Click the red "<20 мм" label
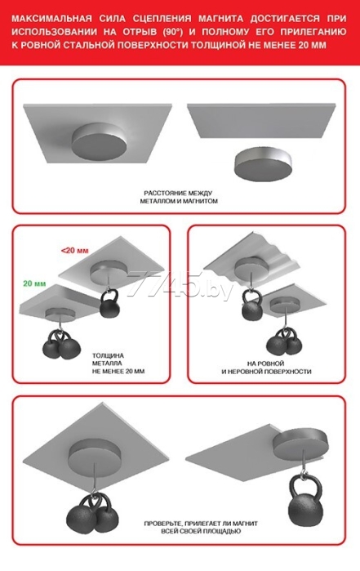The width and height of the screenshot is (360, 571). [x=74, y=251]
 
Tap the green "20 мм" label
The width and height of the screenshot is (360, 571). [x=34, y=283]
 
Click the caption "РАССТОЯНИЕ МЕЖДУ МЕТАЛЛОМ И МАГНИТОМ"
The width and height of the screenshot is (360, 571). [x=179, y=197]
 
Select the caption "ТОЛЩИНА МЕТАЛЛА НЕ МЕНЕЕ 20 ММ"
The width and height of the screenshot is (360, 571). [x=118, y=364]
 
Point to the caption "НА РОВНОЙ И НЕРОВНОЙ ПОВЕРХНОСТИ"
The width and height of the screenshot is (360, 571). [x=266, y=368]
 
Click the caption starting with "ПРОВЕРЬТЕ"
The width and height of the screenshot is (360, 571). [x=201, y=528]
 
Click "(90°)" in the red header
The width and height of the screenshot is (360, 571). [x=169, y=32]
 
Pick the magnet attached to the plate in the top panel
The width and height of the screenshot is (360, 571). [x=100, y=142]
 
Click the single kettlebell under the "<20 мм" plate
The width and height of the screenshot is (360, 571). [x=109, y=303]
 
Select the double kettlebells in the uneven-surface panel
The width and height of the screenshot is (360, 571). [x=283, y=342]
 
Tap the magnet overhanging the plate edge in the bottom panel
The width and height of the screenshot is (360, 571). [x=300, y=444]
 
